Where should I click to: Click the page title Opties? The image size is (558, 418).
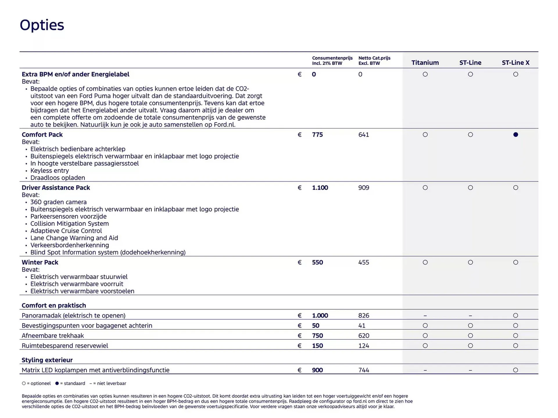[42, 25]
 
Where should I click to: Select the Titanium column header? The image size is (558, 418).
[425, 63]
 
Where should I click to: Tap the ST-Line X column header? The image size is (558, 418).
[515, 63]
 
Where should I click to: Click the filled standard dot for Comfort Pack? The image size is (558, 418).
[515, 135]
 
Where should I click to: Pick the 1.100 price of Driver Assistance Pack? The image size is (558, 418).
[320, 188]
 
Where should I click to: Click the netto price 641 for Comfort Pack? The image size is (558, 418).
[363, 135]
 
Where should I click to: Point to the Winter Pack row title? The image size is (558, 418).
[40, 262]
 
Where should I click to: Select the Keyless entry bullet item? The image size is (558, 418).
[49, 171]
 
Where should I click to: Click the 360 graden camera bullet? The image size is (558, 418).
[58, 202]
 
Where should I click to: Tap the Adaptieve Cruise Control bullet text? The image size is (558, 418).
[66, 231]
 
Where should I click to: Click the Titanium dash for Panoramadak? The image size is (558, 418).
[425, 316]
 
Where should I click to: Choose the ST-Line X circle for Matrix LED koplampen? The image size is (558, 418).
[515, 370]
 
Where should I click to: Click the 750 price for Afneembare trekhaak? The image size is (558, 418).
[317, 336]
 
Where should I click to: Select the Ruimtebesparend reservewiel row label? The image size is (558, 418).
[65, 346]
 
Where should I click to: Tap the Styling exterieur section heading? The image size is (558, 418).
[47, 360]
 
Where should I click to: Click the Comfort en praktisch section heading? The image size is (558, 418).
[54, 306]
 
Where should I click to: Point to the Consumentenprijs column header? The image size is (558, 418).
[332, 60]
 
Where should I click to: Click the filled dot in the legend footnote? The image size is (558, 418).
[57, 383]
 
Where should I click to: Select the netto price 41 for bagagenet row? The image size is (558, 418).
[362, 326]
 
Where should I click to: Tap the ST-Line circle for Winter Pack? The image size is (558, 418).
[470, 262]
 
